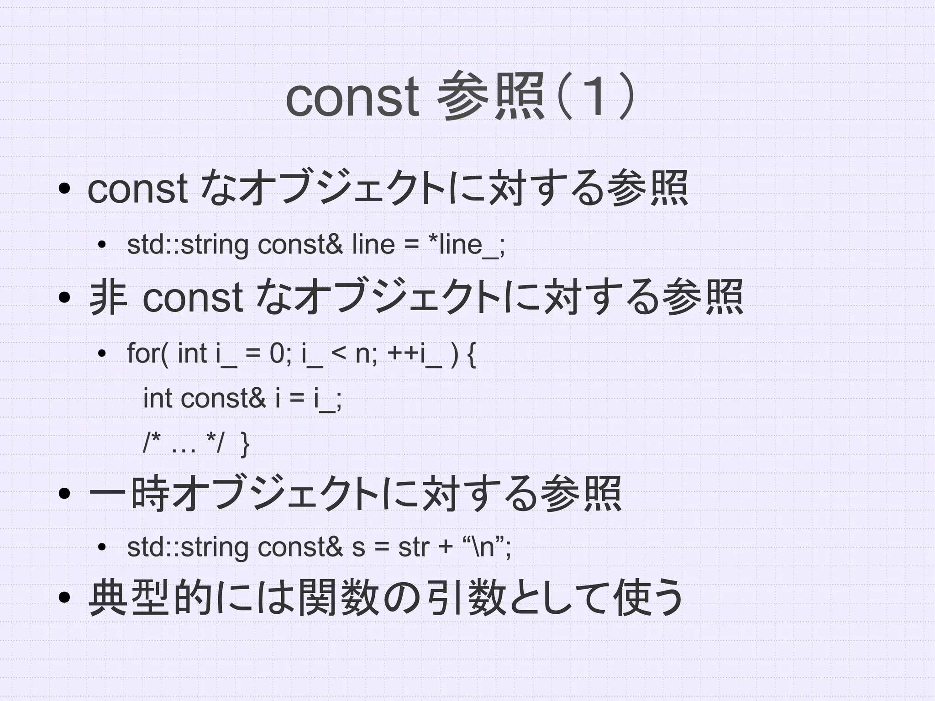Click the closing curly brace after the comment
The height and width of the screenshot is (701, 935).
pyautogui.click(x=245, y=444)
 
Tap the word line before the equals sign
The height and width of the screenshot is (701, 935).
pyautogui.click(x=373, y=245)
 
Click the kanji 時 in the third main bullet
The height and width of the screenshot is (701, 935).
pyautogui.click(x=150, y=493)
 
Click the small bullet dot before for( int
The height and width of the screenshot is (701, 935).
pyautogui.click(x=102, y=353)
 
